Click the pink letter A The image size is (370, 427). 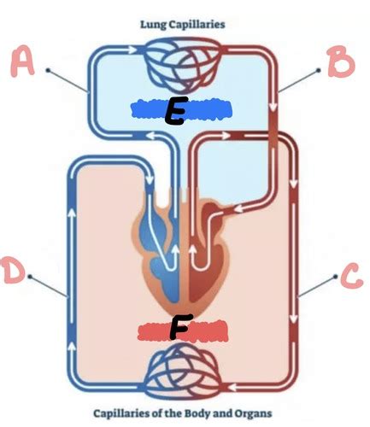point(23,63)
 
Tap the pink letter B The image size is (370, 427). point(341,61)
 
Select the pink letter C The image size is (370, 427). point(351,276)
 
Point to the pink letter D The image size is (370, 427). point(13,269)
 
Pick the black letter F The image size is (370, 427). point(180,327)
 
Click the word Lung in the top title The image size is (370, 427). point(153,25)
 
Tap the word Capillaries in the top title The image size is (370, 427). point(197,25)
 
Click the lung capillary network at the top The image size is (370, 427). point(184,65)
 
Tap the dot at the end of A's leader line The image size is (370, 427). point(48,70)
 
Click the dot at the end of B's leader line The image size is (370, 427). point(319,70)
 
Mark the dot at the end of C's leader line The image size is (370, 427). point(336,277)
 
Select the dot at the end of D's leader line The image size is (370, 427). point(30,277)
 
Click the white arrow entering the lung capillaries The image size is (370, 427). point(132,50)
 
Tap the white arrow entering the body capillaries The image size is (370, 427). point(233,387)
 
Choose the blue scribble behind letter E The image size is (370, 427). point(181,108)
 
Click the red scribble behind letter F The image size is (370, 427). point(182,330)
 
